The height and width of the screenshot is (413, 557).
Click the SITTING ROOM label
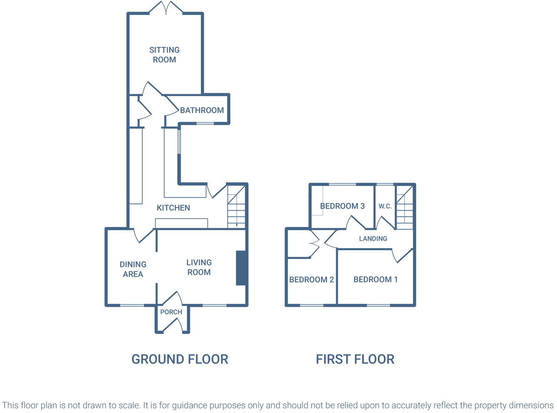[165, 55]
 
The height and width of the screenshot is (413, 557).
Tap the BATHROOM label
[202, 110]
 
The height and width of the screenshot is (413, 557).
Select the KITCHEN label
[173, 208]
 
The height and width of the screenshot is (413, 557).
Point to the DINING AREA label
[133, 269]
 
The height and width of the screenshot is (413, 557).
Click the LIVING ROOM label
[199, 267]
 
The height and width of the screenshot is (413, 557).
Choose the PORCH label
[171, 312]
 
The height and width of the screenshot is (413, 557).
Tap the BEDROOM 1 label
[375, 279]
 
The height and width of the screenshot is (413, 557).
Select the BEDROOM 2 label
[312, 279]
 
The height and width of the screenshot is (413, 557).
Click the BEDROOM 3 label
[342, 206]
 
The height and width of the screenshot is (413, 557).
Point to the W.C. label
[385, 206]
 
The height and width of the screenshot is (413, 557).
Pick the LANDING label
[373, 239]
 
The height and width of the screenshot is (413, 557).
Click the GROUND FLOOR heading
[180, 359]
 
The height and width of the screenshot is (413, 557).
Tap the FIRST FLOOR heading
[355, 359]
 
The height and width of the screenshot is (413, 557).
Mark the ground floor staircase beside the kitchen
[237, 207]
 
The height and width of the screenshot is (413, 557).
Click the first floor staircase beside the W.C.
[404, 207]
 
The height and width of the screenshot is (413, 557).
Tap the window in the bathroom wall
[205, 123]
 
